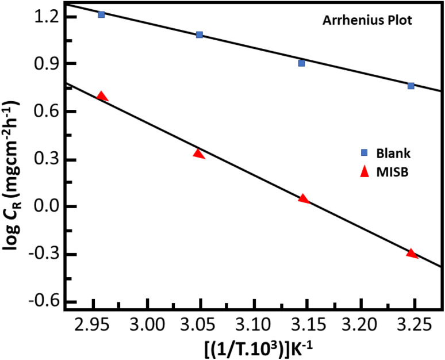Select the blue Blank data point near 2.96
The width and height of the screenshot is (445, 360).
coord(101,14)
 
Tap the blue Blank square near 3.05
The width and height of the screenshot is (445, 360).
coord(200,35)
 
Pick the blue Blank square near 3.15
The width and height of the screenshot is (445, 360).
coord(301,63)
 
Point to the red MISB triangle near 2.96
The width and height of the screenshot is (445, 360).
coord(102,96)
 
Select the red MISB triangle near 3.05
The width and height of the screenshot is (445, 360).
coord(199,154)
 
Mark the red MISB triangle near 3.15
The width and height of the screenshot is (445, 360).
coord(304,198)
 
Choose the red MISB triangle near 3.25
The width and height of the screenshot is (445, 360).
coord(411,253)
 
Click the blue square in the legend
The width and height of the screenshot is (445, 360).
coord(363,153)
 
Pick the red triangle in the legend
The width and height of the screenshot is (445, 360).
coord(363,174)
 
